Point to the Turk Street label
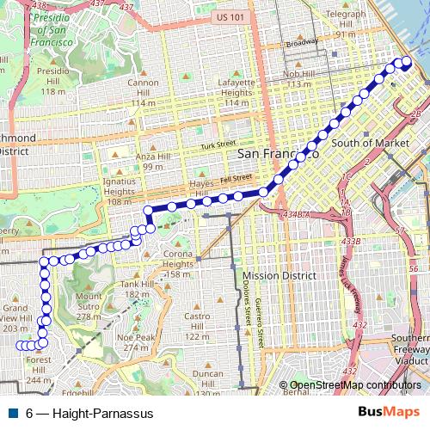(218, 144)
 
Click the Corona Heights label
(179, 259)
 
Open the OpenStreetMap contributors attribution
(356, 384)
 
